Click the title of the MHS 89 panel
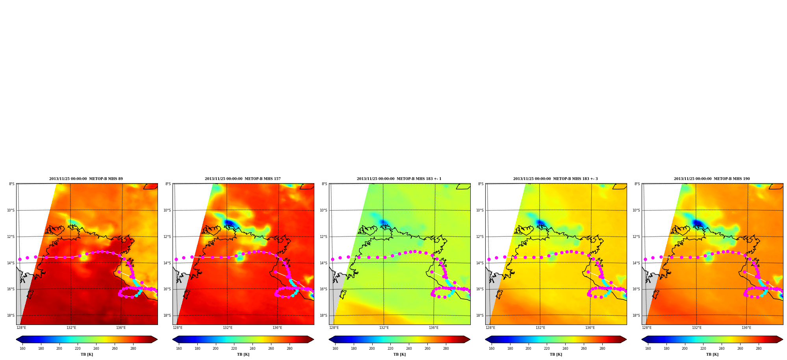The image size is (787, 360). [x=86, y=179]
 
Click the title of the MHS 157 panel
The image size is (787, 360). [x=243, y=179]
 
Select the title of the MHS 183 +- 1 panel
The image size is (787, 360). [x=399, y=179]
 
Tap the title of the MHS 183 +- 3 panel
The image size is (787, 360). [x=555, y=179]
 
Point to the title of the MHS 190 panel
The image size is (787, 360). [x=712, y=179]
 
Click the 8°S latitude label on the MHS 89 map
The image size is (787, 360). [x=12, y=184]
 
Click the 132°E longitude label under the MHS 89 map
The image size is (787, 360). [x=71, y=328]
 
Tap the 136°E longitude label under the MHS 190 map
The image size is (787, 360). [x=746, y=328]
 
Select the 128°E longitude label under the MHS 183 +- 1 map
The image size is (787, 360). [x=334, y=328]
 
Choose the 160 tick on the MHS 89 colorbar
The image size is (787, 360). [x=22, y=349]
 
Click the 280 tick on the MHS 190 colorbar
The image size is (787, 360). [x=759, y=349]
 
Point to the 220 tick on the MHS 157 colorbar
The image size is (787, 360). [x=234, y=349]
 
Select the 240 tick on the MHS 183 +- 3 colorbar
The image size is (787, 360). [x=565, y=349]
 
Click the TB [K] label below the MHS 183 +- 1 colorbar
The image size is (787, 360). [x=399, y=354]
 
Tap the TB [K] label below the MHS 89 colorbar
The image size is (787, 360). [x=87, y=354]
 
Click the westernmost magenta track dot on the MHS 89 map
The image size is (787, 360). [x=20, y=259]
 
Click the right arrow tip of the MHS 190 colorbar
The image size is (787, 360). [x=783, y=340]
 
